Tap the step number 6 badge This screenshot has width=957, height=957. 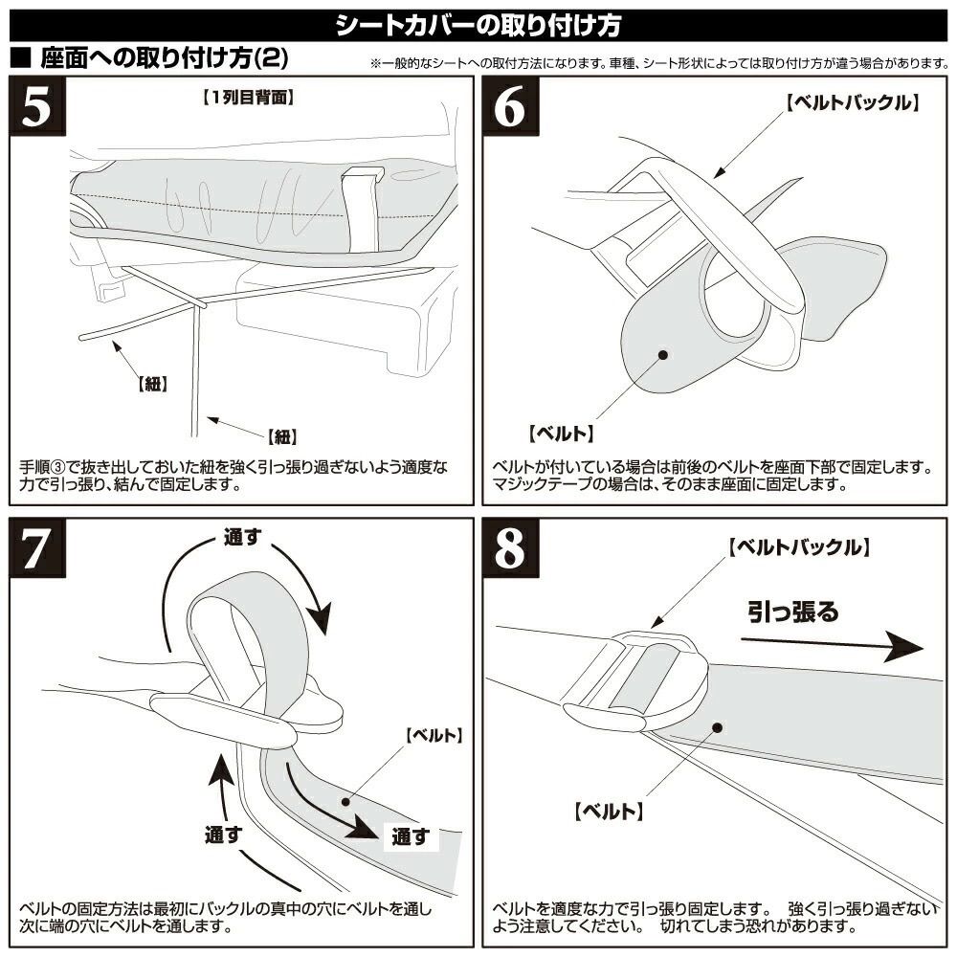coord(510,108)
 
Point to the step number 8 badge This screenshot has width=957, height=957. coord(510,550)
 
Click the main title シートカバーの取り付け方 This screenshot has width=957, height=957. coord(478,24)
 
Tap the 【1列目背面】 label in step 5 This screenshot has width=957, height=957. coord(248,97)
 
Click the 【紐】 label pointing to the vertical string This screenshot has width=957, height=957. coord(280,436)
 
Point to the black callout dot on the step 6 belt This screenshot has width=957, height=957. coord(662,355)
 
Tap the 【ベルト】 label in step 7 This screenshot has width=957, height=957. coord(434,736)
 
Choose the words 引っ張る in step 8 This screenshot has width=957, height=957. coord(792,612)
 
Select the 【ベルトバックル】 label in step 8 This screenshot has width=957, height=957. coord(797,548)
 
